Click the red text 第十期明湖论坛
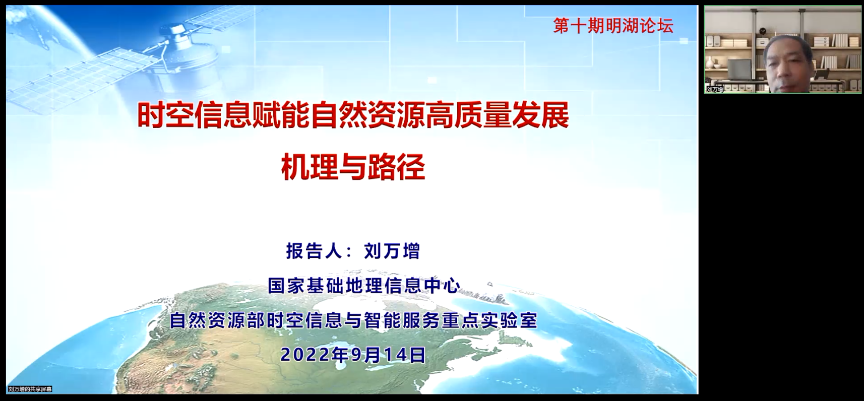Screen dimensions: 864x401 613,26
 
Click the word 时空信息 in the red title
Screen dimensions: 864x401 195,115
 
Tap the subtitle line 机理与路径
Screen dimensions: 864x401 353,167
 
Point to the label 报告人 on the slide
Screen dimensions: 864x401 314,251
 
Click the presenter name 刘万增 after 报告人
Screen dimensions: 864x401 392,251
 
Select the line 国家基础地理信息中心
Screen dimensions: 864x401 364,286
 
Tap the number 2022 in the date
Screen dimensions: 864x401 304,355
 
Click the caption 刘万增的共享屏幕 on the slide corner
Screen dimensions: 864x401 30,389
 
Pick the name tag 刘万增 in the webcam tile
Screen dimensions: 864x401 715,89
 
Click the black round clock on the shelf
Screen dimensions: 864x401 763,31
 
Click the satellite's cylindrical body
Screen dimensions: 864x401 181,52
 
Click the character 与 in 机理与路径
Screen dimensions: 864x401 353,167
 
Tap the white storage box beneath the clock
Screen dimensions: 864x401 762,42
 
